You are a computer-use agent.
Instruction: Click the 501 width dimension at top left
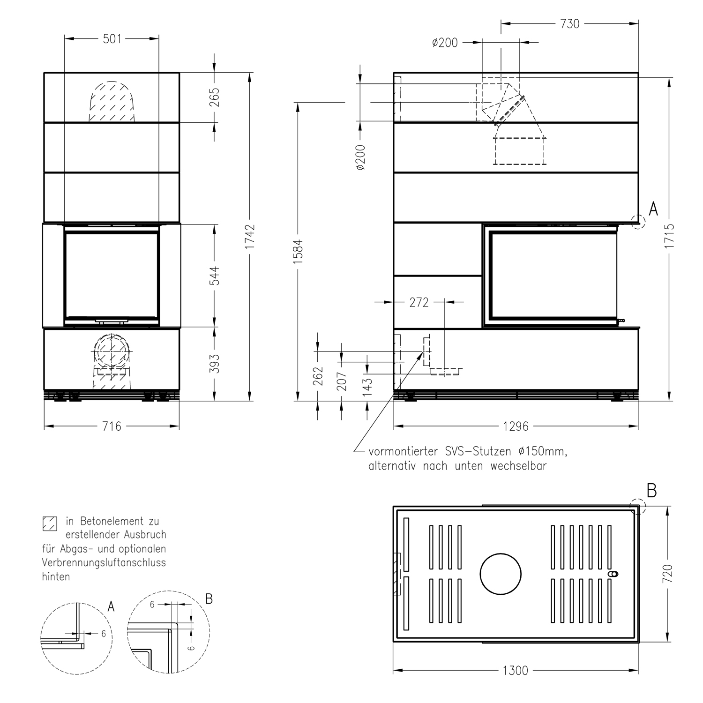112,39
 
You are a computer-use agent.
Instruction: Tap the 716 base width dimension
112,426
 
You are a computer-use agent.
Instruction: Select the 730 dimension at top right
569,24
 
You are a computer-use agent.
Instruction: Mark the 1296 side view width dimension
516,426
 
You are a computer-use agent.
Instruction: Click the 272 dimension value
419,303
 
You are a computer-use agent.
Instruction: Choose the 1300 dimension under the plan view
515,671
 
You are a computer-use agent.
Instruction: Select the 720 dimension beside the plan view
668,574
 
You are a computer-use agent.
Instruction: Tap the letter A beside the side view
653,209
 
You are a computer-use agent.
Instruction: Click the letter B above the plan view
651,491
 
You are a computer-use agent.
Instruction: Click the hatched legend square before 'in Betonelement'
49,523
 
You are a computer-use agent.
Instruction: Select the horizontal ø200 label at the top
444,43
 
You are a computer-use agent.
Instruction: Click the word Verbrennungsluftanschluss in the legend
104,562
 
